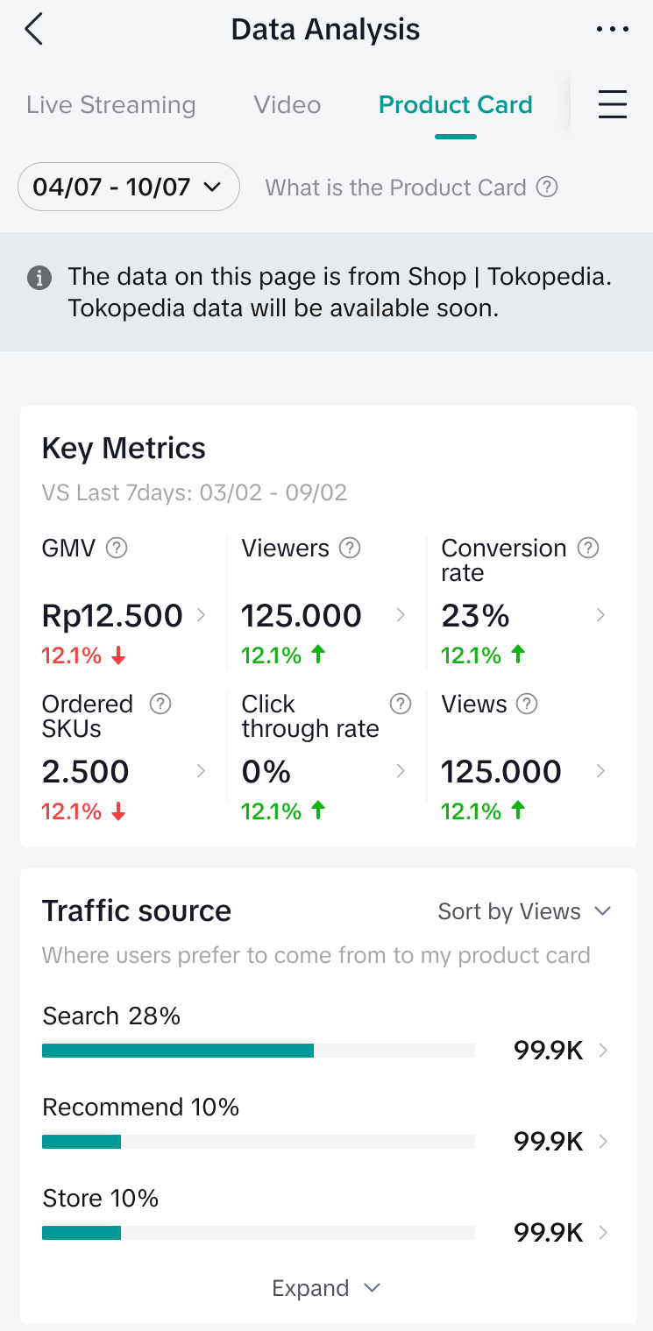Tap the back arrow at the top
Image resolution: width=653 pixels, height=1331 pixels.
tap(33, 30)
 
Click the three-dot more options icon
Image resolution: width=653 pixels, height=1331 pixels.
tap(612, 30)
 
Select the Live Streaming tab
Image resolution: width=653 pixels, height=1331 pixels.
tap(111, 105)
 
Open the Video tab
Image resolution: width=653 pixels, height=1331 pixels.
tap(287, 105)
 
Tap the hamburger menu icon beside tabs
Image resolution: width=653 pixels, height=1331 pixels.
tap(612, 105)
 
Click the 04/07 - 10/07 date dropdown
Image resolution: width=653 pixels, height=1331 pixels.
tap(128, 187)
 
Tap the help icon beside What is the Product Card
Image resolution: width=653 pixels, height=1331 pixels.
tap(547, 187)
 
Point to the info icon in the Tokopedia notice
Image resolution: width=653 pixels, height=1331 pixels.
tap(39, 279)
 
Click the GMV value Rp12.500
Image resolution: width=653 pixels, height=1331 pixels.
tap(112, 616)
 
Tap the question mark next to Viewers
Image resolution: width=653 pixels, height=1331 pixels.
tap(350, 549)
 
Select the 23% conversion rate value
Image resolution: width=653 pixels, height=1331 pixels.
tap(475, 616)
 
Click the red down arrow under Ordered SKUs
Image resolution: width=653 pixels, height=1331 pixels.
tap(118, 812)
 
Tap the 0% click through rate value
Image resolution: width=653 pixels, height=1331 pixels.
tap(266, 772)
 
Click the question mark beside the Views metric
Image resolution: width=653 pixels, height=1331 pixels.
tap(527, 704)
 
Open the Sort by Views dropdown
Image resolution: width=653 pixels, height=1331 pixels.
tap(524, 911)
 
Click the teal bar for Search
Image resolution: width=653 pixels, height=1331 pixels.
tap(177, 1051)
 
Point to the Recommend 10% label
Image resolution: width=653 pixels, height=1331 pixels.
tap(140, 1108)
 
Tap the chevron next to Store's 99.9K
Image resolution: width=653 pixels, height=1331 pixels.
tap(603, 1232)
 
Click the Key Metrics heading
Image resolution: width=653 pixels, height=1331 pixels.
tap(124, 449)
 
